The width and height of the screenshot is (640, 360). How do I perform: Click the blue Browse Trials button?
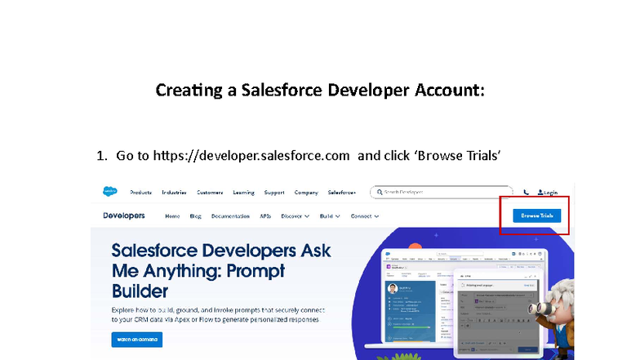(537, 216)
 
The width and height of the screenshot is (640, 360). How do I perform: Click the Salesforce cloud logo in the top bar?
(109, 193)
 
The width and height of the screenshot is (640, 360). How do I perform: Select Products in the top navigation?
(140, 193)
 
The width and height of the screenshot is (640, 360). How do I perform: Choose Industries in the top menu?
(174, 193)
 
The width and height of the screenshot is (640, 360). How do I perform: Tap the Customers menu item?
(210, 193)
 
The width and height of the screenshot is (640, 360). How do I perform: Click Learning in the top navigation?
(243, 193)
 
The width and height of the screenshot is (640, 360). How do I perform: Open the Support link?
(274, 193)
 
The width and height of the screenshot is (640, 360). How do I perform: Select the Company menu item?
(306, 193)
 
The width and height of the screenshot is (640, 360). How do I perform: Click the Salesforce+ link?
(342, 193)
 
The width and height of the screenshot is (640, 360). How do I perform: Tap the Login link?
(548, 193)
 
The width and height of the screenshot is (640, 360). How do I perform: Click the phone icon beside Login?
(526, 193)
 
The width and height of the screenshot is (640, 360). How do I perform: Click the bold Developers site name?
(124, 216)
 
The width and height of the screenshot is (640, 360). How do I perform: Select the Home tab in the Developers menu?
(172, 216)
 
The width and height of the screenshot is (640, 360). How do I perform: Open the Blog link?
(195, 216)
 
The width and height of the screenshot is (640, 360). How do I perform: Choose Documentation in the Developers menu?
(230, 216)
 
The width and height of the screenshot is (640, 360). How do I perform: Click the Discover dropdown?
(295, 216)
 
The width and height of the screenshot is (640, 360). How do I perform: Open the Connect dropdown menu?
(365, 216)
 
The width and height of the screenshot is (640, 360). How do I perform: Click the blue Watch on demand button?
(136, 339)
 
